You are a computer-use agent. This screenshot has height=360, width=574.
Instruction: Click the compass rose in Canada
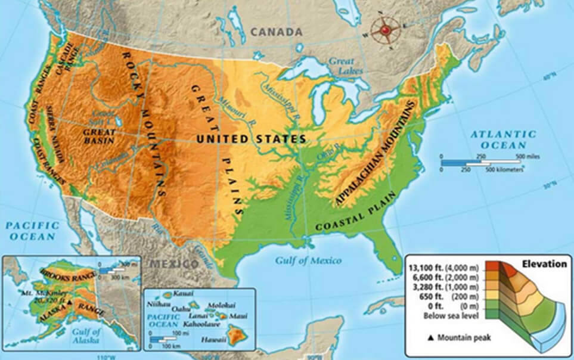tap(385, 29)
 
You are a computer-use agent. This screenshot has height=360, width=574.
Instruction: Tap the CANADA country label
tap(277, 32)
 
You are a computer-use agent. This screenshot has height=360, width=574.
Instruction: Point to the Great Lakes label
tap(342, 65)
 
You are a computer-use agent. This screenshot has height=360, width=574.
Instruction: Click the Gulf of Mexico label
tap(308, 260)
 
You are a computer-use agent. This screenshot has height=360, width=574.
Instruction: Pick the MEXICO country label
tap(173, 263)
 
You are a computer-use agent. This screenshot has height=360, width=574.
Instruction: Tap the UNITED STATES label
tap(252, 139)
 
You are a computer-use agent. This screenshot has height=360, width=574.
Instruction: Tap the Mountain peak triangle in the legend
tap(430, 339)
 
